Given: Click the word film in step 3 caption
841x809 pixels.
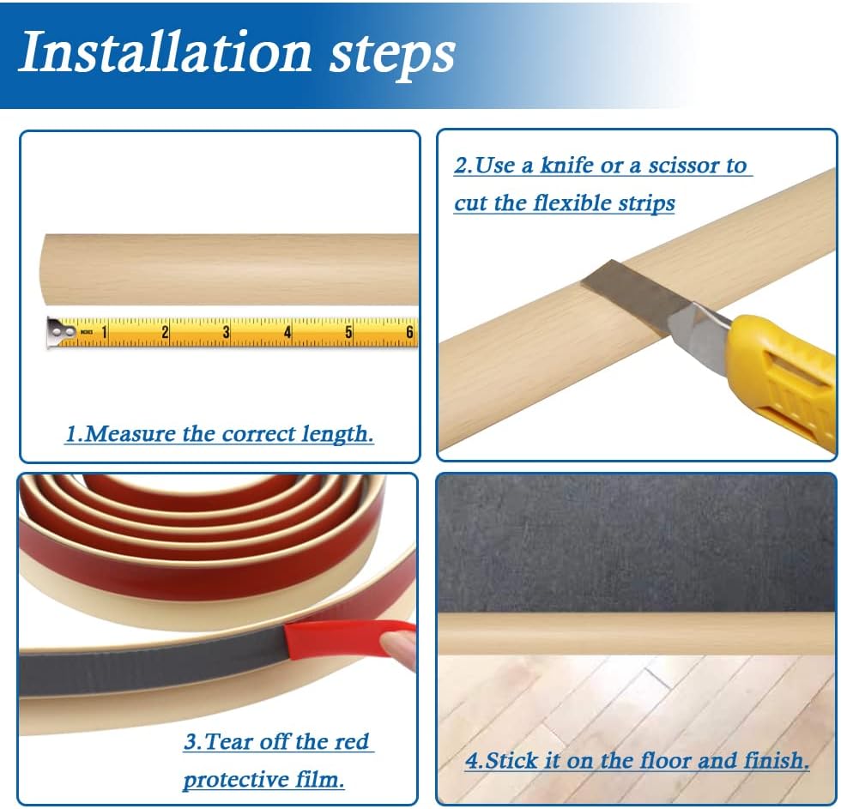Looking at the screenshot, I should pyautogui.click(x=318, y=779).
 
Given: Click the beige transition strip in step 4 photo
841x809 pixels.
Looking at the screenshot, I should pyautogui.click(x=635, y=633).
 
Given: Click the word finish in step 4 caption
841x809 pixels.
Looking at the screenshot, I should pyautogui.click(x=777, y=760).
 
